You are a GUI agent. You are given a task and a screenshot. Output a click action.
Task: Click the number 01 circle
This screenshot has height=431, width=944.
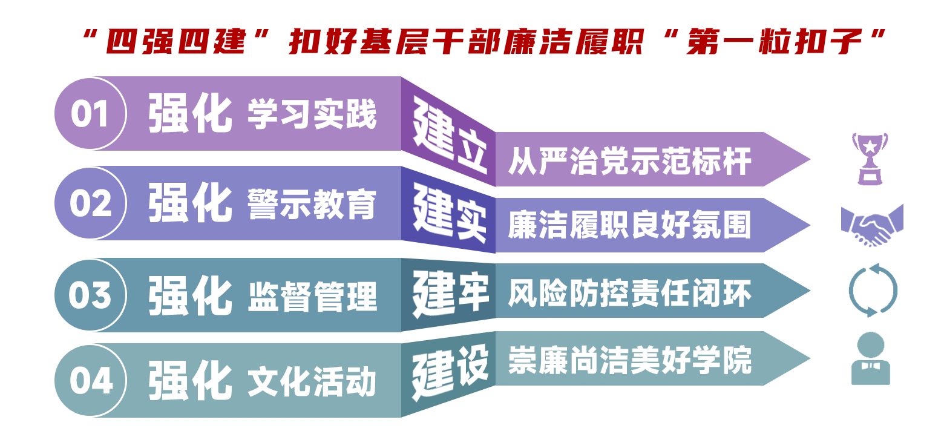(90, 114)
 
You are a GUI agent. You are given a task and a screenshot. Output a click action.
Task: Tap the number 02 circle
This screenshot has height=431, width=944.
(90, 203)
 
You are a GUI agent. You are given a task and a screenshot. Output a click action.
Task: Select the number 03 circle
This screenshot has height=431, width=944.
(90, 295)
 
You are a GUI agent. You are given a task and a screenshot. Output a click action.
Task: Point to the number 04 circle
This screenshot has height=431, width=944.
(90, 381)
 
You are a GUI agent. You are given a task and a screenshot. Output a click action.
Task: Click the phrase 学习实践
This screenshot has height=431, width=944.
(312, 114)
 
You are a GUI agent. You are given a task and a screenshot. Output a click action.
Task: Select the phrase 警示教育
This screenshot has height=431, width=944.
(312, 204)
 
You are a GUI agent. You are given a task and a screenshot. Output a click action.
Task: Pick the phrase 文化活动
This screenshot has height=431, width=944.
(312, 381)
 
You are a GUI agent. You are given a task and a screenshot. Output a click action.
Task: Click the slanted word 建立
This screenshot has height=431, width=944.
(449, 138)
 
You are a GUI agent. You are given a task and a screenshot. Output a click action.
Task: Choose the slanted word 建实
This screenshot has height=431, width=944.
(449, 215)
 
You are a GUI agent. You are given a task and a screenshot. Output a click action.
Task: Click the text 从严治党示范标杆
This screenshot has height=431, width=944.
(629, 161)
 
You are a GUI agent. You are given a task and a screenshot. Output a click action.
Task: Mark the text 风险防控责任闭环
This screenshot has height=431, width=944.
(629, 294)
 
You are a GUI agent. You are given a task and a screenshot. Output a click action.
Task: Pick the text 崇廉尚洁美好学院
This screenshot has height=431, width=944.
(629, 360)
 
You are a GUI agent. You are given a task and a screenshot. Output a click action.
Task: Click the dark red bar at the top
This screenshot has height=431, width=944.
(484, 41)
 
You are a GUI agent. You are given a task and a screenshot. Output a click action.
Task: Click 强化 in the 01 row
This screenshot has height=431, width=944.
(190, 114)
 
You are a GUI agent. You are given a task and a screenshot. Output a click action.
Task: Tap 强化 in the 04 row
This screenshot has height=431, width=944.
(190, 381)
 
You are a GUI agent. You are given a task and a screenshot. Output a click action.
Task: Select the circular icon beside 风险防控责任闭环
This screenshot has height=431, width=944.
(872, 291)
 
